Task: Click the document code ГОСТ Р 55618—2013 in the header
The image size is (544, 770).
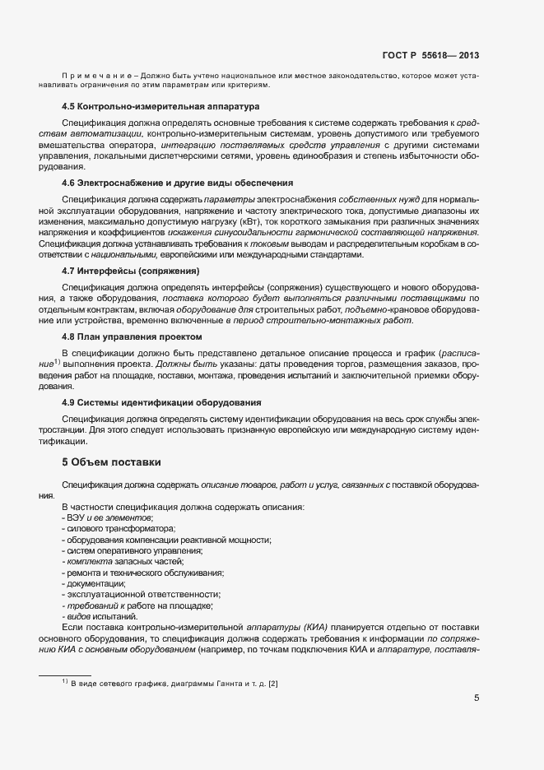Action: [430, 56]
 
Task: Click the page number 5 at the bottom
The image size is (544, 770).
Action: [477, 698]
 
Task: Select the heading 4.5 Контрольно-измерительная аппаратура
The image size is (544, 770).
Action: [160, 107]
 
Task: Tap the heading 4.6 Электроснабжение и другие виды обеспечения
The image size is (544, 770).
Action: [178, 182]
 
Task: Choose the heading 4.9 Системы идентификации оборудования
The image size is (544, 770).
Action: [162, 402]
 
